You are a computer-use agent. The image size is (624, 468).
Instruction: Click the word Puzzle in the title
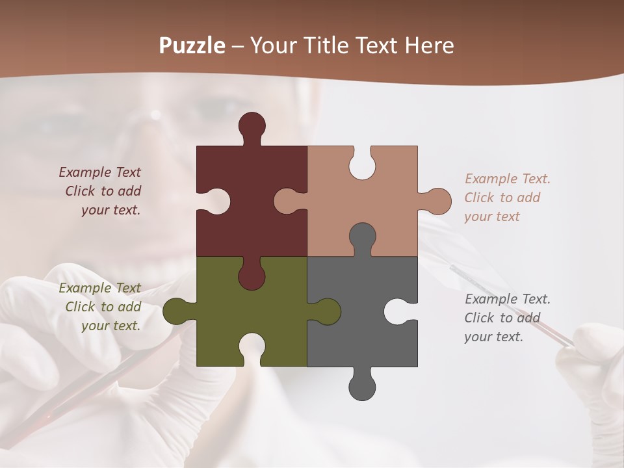coord(192,45)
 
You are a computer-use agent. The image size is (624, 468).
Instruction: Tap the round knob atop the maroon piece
coord(252,126)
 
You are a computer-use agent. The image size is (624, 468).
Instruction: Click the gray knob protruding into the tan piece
coord(362,238)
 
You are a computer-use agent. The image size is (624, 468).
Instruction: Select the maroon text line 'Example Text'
coord(99,172)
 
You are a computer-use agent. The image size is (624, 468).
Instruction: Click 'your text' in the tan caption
coord(492,216)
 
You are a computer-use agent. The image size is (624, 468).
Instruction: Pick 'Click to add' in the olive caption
coord(103,307)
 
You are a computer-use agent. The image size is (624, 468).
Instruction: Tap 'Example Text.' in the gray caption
coord(508,299)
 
